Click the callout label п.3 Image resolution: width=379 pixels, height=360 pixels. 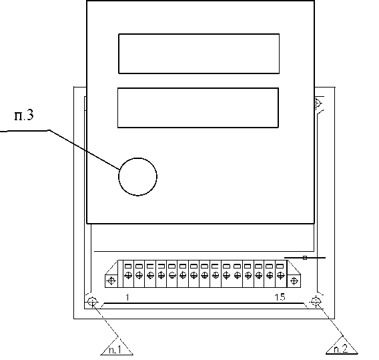pos(24,116)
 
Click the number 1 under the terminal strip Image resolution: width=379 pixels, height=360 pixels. pos(127,297)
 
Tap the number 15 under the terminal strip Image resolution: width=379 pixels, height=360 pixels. pos(280,297)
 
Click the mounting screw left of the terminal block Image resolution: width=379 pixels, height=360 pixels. pos(111,281)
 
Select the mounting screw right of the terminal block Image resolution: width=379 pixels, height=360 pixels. pos(294,281)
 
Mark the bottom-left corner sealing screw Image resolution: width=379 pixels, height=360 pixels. pos(92,302)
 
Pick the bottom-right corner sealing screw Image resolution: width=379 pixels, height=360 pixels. pos(316,301)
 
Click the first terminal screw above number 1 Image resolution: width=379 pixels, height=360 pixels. pos(128,275)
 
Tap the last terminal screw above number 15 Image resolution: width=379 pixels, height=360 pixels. pos(280,275)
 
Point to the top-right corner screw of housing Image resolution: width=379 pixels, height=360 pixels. pos(318,103)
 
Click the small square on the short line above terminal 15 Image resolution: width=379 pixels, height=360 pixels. pos(305,258)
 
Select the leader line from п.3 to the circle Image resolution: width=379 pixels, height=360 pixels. pos(84,149)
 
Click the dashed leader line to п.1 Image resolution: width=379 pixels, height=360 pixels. pos(105,319)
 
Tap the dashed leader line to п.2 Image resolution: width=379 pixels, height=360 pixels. pos(329,319)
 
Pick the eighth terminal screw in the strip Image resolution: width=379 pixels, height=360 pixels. pos(204,275)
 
